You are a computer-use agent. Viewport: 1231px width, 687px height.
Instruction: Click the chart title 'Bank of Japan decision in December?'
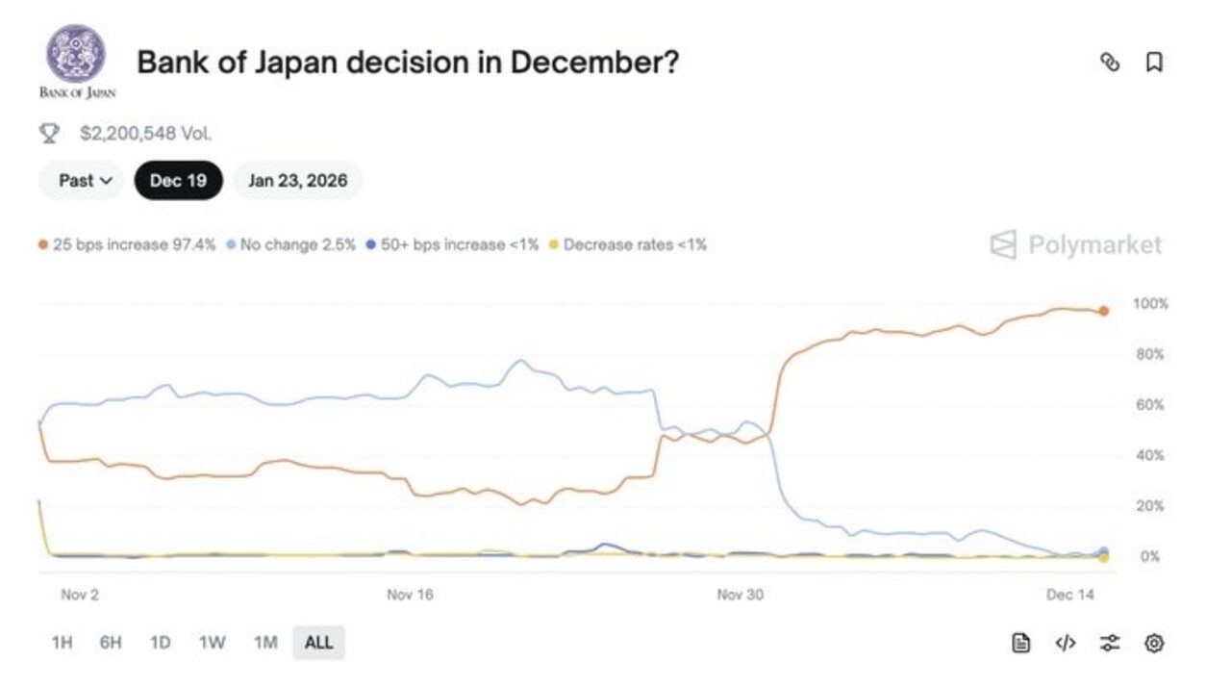coord(408,63)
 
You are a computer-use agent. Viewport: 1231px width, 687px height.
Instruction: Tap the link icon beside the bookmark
coord(1110,63)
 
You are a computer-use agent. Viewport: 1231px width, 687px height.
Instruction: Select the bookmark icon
coord(1154,63)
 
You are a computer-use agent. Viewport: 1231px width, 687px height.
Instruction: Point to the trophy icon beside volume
coord(49,133)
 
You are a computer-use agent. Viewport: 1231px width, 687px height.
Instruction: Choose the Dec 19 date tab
coord(178,180)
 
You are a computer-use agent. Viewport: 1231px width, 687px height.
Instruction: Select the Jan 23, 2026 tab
coord(297,180)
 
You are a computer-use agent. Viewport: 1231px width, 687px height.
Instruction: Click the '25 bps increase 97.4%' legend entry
coord(127,244)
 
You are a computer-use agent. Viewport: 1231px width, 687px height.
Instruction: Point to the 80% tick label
coord(1149,354)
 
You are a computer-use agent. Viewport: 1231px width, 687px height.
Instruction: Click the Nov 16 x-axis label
coord(410,595)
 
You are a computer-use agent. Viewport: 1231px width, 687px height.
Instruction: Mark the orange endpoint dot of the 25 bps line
coord(1103,311)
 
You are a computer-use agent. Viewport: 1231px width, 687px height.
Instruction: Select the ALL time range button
coord(318,643)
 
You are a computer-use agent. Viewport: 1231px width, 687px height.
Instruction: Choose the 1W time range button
coord(212,643)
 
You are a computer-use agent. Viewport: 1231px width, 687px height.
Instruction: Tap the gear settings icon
coord(1154,643)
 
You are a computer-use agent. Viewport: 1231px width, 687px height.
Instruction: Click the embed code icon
coord(1066,643)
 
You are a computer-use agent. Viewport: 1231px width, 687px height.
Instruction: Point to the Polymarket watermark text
coord(1094,244)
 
